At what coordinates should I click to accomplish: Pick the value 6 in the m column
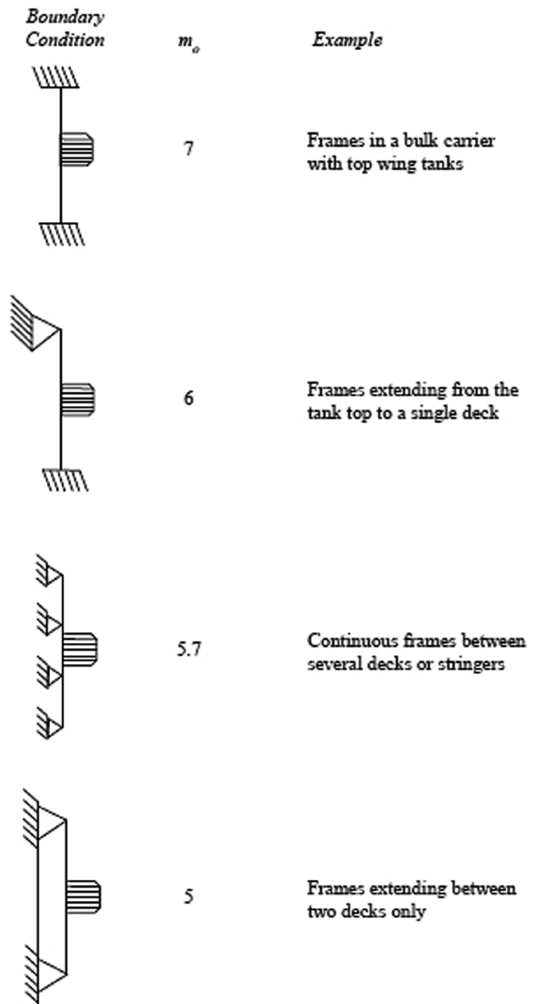(189, 399)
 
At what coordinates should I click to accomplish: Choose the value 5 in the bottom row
(189, 897)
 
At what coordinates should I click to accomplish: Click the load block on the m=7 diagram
(78, 149)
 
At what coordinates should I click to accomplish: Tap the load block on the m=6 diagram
(78, 399)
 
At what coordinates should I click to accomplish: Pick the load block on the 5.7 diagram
(80, 649)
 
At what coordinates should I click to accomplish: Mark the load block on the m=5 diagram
(83, 897)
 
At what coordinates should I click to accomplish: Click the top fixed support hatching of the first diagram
(54, 78)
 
